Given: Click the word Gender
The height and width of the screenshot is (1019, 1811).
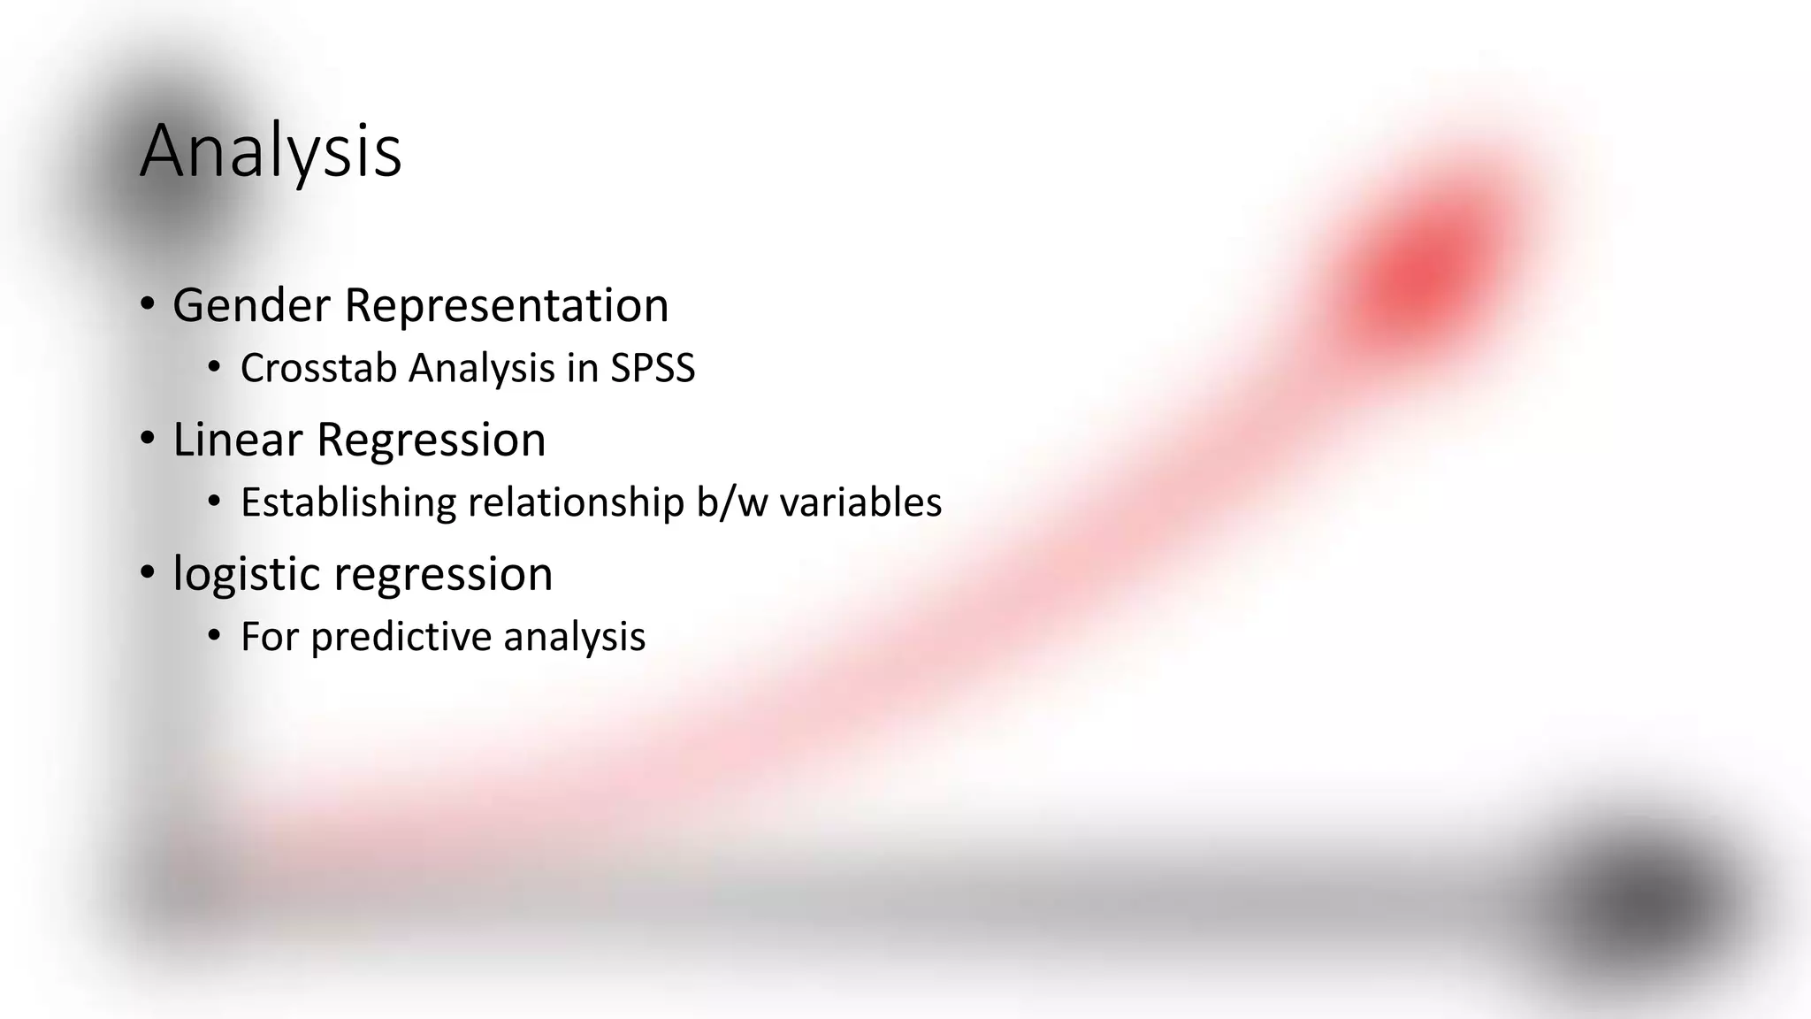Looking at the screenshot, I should tap(251, 305).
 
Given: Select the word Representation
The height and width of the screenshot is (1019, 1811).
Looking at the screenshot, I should tap(506, 305).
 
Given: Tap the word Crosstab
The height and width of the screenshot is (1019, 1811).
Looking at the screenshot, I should tap(317, 368).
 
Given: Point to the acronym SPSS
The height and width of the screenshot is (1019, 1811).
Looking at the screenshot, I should tap(653, 368).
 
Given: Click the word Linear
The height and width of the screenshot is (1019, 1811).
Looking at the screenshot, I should tap(237, 440).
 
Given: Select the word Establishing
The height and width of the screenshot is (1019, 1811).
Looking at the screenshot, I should tap(348, 502).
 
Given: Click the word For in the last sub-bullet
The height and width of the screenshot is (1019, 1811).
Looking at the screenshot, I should tap(269, 637).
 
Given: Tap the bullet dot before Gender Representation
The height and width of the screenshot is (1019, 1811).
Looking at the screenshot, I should tap(148, 304).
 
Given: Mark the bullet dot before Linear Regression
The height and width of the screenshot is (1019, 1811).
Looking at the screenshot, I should tap(148, 439).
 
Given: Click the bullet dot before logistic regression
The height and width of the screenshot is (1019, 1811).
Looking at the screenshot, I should tap(148, 573).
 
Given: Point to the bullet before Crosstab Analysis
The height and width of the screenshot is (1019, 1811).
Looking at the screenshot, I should tap(213, 367).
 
